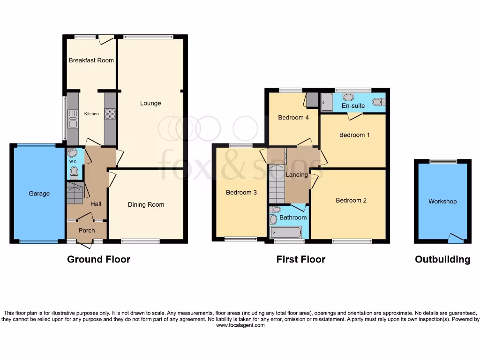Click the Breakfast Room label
tap(91, 60)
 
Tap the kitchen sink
tap(73, 118)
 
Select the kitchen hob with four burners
tap(110, 114)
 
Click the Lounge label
tap(150, 103)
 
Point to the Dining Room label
tap(146, 204)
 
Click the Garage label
tap(39, 194)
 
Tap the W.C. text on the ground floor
tap(73, 162)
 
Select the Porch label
tap(87, 230)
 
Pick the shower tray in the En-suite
tap(326, 102)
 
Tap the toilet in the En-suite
tap(378, 102)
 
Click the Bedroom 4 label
tap(293, 118)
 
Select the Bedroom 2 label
tap(351, 200)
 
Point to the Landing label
tap(297, 175)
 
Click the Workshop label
tap(442, 202)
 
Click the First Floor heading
tap(300, 259)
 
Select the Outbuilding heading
tap(442, 259)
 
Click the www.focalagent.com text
tap(240, 325)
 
